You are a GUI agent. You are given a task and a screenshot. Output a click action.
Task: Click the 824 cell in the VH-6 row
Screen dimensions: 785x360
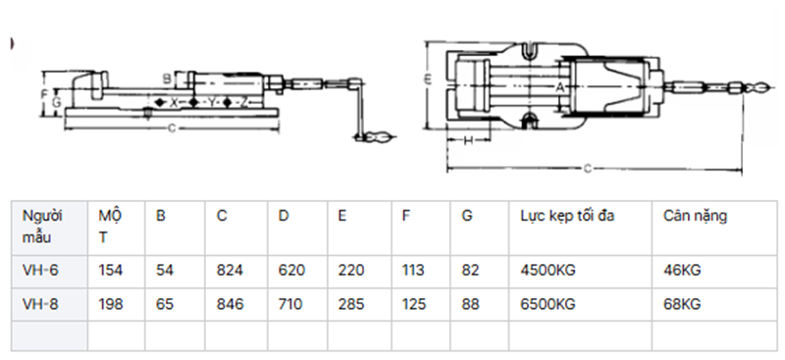coord(230,271)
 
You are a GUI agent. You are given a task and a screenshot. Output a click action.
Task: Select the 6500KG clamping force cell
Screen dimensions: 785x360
coord(548,304)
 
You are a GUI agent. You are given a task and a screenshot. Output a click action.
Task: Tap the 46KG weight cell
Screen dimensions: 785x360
coord(681,271)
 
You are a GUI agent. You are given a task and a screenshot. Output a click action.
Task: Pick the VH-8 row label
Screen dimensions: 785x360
coord(40,304)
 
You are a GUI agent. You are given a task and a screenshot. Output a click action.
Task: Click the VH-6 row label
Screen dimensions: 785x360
coord(40,271)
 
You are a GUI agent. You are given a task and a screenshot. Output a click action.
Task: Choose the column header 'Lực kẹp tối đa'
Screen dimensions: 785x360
coord(567,216)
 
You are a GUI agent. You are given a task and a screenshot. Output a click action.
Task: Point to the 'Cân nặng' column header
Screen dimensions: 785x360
coord(695,217)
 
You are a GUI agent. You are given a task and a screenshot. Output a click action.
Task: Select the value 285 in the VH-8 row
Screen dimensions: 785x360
coord(350,304)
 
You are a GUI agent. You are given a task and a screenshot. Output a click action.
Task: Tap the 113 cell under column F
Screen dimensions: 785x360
coord(413,271)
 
